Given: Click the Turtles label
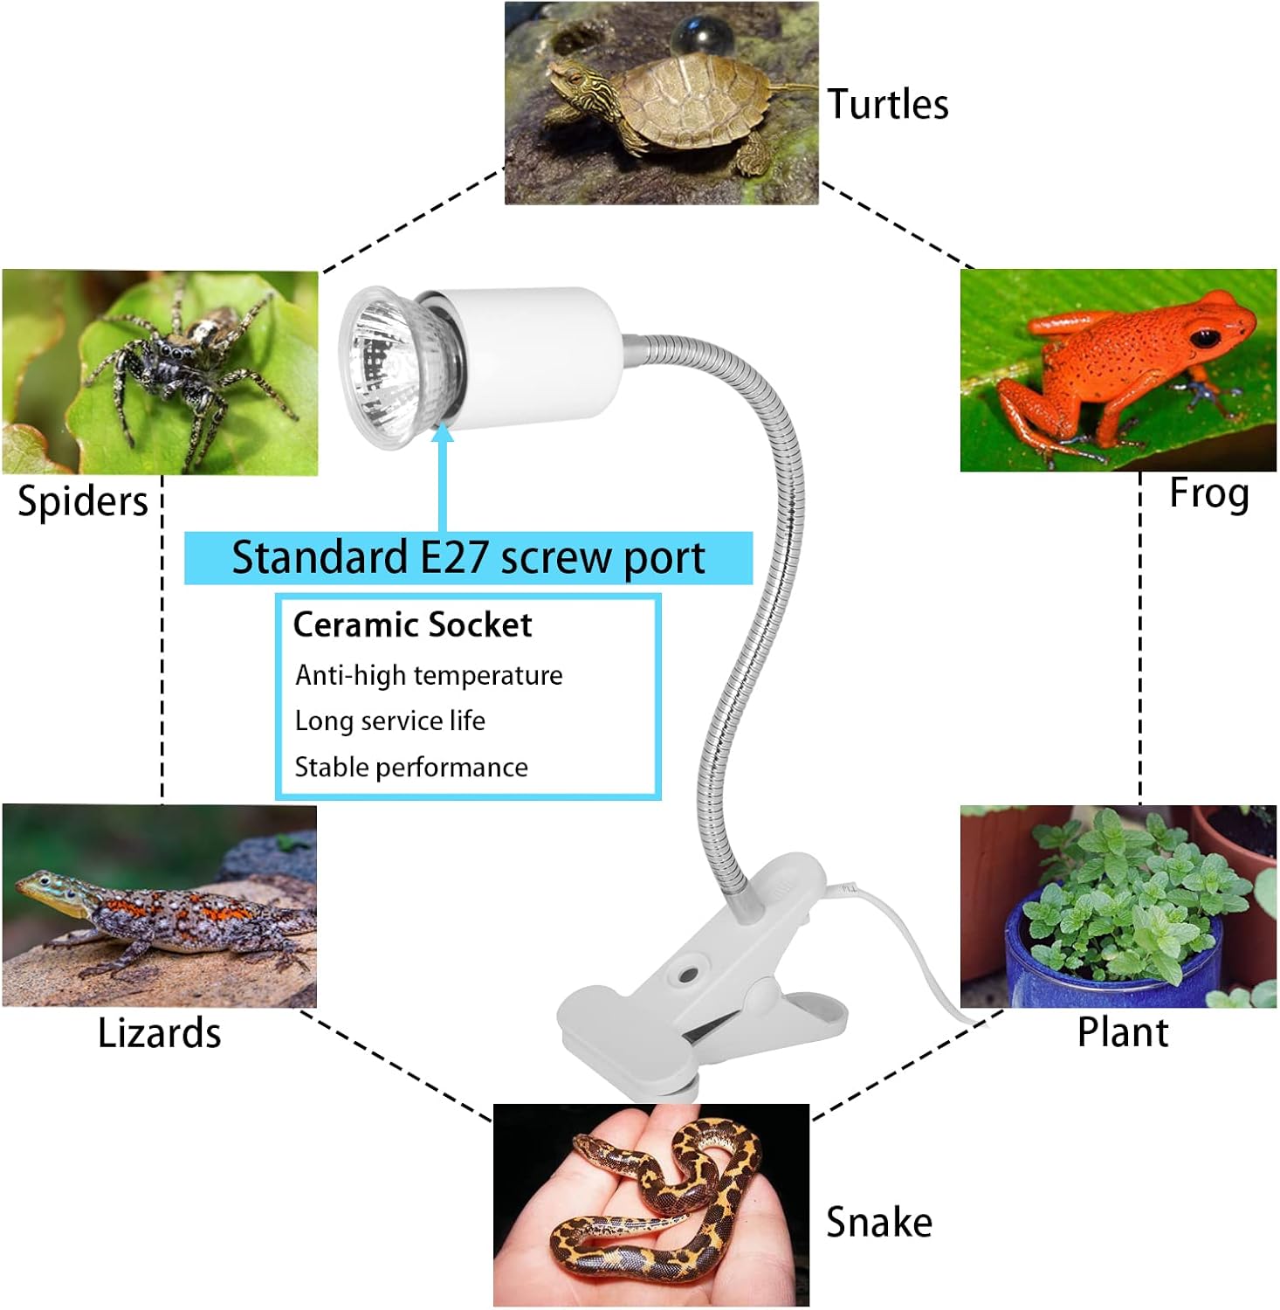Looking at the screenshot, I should (x=887, y=105).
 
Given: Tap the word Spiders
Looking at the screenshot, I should (x=83, y=502).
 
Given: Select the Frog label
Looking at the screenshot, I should (x=1208, y=493).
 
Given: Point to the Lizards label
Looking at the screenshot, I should (x=159, y=1033).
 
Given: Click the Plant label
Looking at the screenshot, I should (x=1122, y=1032).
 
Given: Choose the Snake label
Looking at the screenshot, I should (x=878, y=1222).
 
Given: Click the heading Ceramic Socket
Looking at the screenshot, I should (x=412, y=625).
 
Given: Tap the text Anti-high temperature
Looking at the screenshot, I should (x=429, y=675).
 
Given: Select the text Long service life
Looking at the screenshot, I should (x=389, y=721).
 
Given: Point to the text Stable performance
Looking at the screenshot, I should (x=411, y=768).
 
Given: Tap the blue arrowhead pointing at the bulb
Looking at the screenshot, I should (x=443, y=433).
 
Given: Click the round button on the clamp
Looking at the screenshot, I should (x=689, y=973).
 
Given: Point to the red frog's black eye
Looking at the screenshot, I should (x=1205, y=337).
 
